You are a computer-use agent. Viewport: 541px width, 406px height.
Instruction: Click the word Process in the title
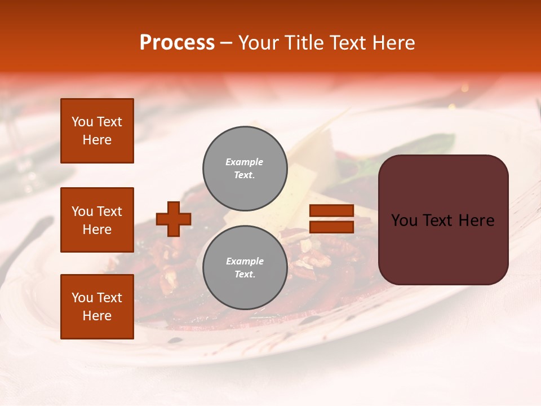[177, 43]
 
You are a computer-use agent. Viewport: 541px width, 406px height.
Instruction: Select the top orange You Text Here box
[97, 131]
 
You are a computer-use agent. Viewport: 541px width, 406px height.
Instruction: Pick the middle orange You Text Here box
[97, 220]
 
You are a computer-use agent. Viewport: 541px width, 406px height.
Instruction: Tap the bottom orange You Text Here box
[97, 307]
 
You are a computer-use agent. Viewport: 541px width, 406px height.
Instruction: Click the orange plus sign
[174, 219]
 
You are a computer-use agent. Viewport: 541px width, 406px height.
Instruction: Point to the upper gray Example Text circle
[245, 169]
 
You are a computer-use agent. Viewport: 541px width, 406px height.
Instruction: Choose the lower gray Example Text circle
[245, 268]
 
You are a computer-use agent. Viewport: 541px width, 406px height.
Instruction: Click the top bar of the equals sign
[331, 211]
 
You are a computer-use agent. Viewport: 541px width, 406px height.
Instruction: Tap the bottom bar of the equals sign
[331, 227]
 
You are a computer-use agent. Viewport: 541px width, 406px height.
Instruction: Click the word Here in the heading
[393, 43]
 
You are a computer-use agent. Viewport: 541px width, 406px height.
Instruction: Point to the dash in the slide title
[227, 43]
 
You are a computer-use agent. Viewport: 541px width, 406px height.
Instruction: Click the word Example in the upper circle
[245, 162]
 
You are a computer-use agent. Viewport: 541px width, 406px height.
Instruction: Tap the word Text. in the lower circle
[245, 275]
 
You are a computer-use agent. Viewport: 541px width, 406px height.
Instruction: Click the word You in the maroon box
[403, 220]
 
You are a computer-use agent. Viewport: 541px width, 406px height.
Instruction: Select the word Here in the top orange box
[97, 140]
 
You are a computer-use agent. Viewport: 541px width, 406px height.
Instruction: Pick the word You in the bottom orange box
[82, 298]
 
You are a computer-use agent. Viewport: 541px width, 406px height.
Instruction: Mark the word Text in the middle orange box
[109, 211]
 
